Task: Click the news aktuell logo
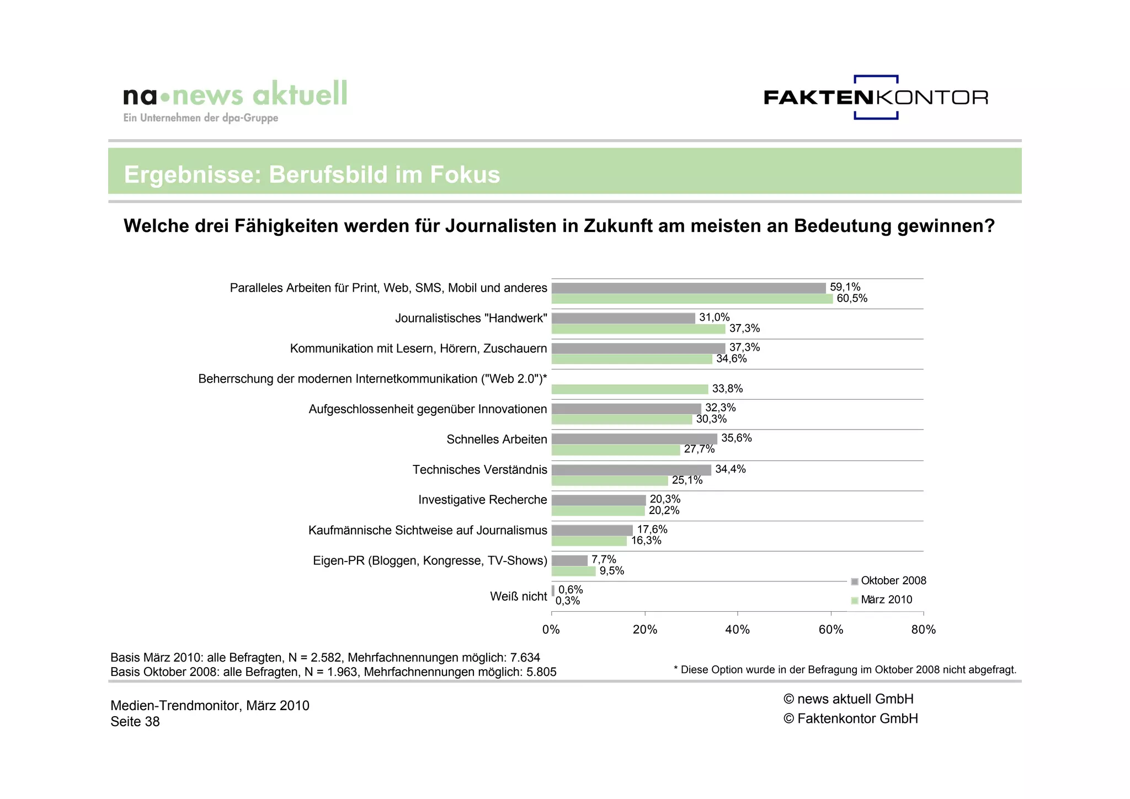(235, 100)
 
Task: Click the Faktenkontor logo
(876, 98)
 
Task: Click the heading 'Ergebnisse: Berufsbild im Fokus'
(312, 174)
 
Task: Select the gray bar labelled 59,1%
(688, 288)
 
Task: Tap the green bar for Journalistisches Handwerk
(638, 329)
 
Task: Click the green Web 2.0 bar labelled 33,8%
(630, 389)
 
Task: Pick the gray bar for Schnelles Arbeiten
(634, 439)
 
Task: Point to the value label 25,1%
(687, 480)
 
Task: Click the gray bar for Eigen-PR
(569, 560)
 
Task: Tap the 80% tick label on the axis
(924, 630)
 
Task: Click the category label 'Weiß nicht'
(518, 596)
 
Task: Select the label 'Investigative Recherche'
(482, 500)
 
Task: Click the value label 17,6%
(652, 530)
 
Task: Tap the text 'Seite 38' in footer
(135, 722)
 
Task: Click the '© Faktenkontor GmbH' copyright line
(850, 719)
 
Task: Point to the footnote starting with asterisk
(845, 670)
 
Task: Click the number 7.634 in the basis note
(525, 658)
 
